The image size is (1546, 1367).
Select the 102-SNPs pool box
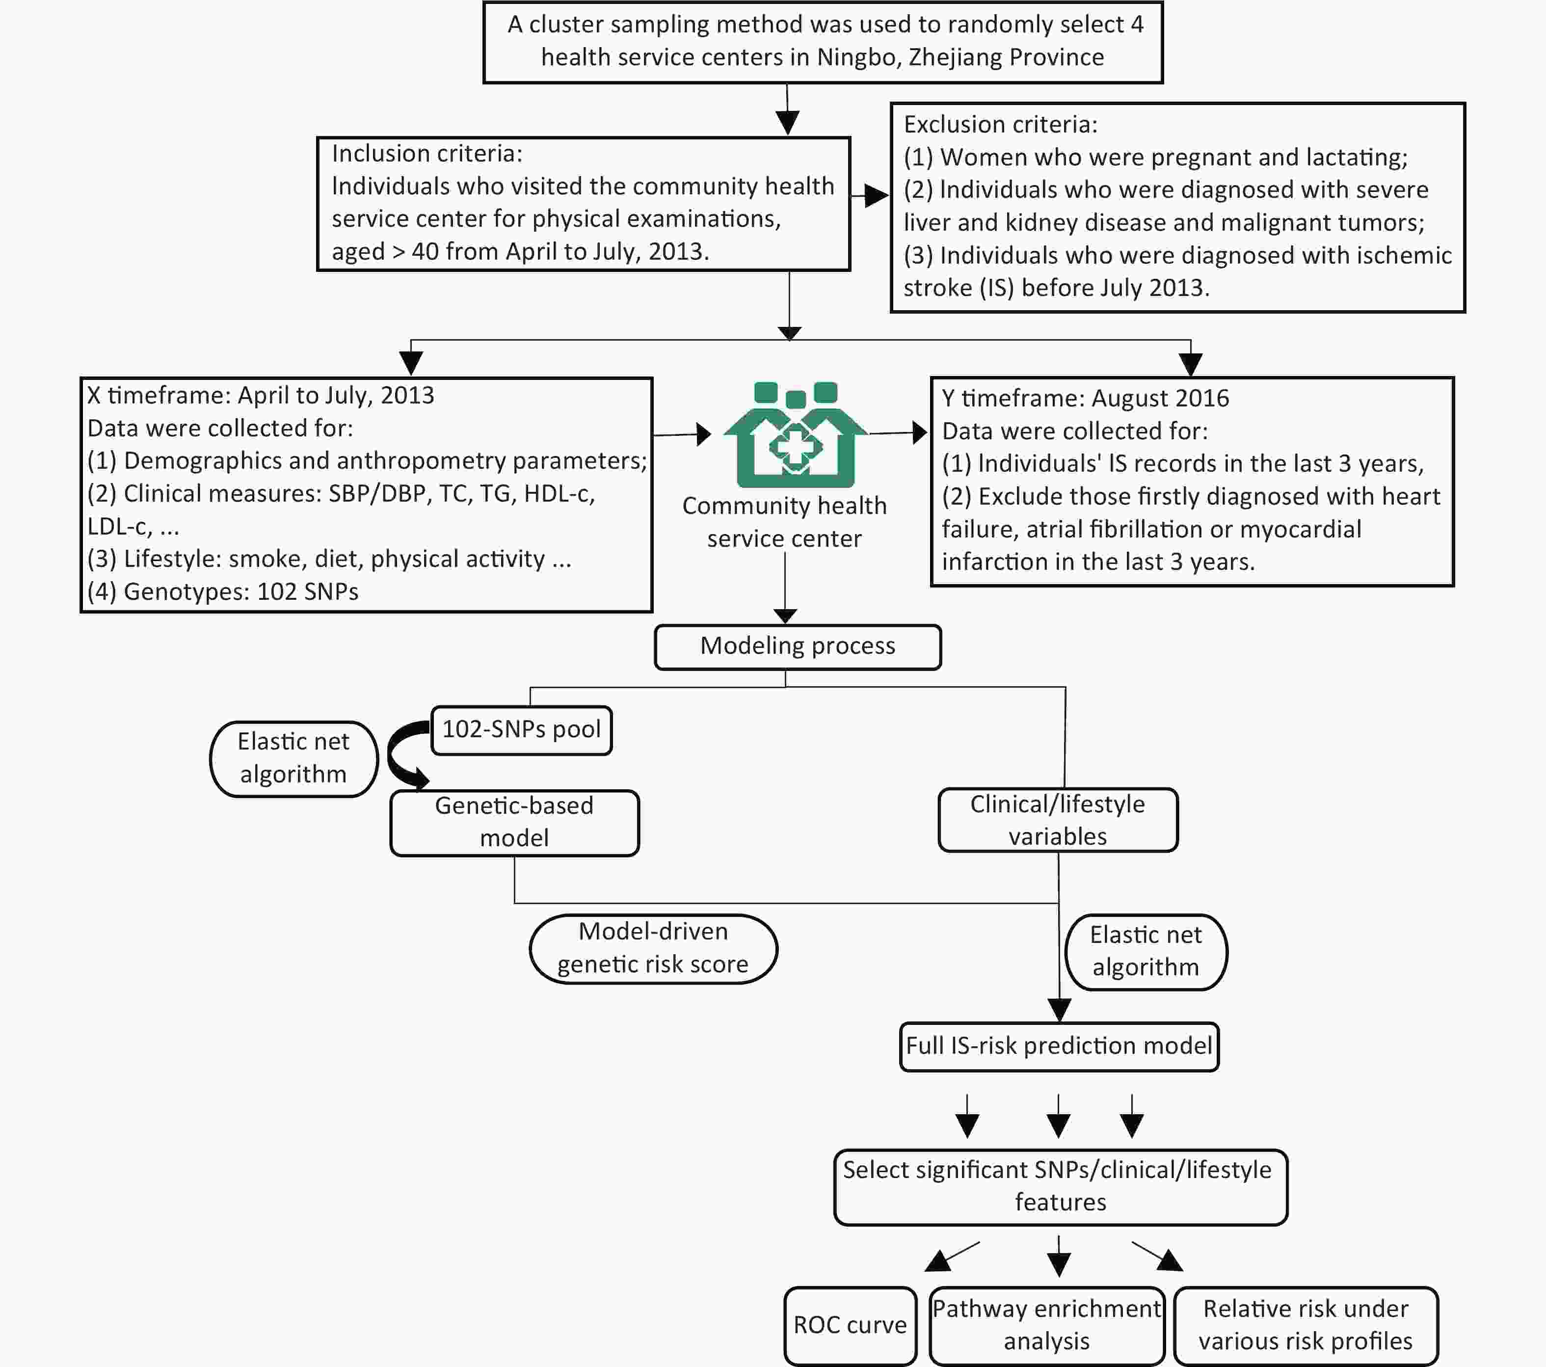click(521, 730)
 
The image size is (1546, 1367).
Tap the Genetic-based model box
click(514, 822)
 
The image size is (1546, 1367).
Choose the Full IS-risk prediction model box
click(1059, 1046)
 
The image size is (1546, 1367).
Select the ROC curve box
click(850, 1325)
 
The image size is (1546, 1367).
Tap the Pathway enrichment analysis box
click(1047, 1325)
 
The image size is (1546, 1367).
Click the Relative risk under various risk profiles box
click(1306, 1325)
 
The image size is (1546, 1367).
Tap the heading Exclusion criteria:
click(1000, 124)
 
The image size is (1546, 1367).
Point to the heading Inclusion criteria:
click(426, 154)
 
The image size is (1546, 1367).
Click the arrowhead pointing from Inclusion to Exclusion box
click(878, 196)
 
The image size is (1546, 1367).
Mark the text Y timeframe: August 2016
click(1085, 398)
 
